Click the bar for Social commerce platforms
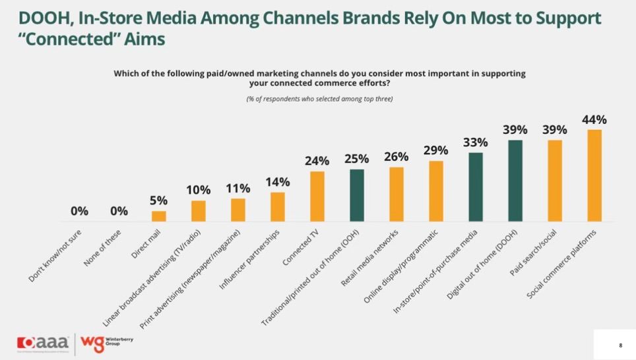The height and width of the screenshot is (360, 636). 594,175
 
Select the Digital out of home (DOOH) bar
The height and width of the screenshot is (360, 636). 515,181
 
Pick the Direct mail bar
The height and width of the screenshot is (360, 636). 159,216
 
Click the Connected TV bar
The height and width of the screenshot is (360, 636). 317,196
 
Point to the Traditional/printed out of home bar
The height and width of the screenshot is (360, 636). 357,195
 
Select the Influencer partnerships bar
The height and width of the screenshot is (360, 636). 278,206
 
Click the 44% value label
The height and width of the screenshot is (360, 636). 594,120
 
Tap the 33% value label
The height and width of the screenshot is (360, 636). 475,142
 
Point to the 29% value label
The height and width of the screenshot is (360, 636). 435,150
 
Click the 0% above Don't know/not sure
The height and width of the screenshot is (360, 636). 79,211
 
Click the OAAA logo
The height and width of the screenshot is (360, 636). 44,344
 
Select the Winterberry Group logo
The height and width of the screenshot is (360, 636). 106,344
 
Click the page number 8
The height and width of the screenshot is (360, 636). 620,345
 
